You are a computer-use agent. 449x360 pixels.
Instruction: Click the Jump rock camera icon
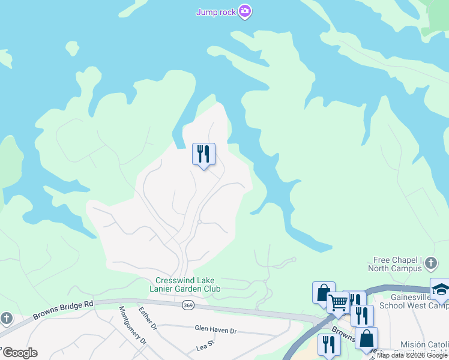coord(244,11)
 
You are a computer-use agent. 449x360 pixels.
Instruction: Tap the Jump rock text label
coord(216,11)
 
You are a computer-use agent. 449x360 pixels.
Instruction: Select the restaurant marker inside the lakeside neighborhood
coord(203,154)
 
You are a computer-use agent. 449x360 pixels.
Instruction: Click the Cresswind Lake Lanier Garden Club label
coord(188,284)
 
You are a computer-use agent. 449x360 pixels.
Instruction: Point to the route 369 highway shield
coord(188,305)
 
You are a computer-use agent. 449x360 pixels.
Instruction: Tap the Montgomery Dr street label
coord(132,325)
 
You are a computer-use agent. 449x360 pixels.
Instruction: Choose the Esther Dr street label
coord(146,319)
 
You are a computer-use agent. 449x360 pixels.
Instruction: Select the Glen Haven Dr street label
coord(216,329)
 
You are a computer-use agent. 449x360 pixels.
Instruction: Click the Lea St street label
coord(205,347)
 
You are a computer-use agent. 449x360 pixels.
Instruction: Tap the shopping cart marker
coord(338,303)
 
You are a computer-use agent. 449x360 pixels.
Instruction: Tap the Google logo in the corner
coord(19,353)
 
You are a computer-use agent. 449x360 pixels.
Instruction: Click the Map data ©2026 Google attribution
coord(412,355)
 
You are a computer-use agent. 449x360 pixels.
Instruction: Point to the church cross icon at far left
coord(6,317)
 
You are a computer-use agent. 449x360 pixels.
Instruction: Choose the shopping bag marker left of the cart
coord(323,292)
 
